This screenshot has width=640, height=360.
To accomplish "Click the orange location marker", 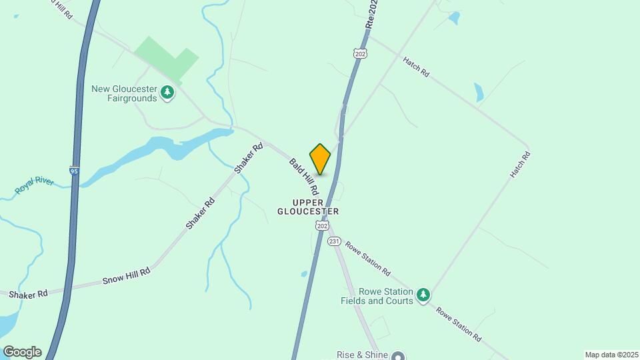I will click(x=320, y=159).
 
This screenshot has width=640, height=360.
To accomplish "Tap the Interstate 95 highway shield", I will click(x=73, y=171).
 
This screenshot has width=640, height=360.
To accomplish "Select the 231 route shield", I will click(x=335, y=241).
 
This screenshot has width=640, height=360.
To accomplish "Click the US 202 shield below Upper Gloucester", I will click(x=323, y=226).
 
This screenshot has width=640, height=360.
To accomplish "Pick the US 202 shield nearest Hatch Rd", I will click(x=361, y=53).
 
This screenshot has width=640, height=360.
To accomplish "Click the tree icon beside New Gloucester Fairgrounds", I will click(x=167, y=93).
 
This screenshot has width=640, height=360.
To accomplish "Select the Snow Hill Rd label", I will click(x=126, y=276).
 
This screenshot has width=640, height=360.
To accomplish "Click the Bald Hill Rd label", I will click(x=305, y=177).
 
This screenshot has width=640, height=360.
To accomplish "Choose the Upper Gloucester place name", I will click(x=308, y=207).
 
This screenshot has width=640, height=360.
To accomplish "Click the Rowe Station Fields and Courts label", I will click(x=376, y=296).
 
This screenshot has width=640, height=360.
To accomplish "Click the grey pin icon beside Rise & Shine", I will click(x=399, y=355).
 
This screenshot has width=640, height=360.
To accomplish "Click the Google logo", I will click(x=22, y=352).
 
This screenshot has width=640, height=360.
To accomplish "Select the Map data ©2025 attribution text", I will click(x=611, y=355).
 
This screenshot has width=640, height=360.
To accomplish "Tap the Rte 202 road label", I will click(x=372, y=13).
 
